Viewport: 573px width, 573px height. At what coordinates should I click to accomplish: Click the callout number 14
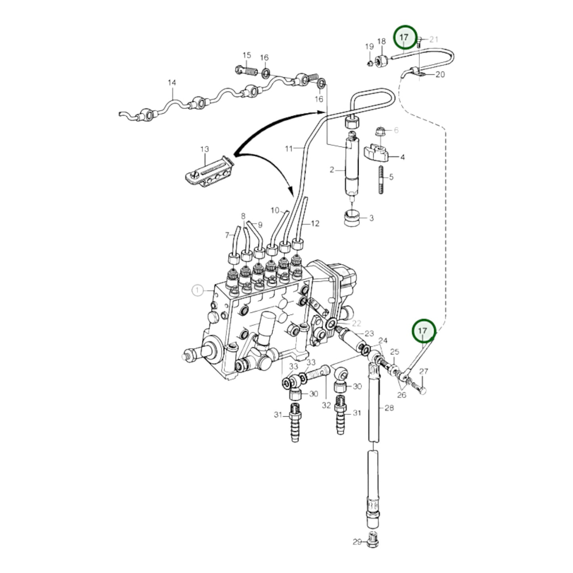click(x=171, y=83)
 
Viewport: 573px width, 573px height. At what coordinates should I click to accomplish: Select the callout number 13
click(x=204, y=149)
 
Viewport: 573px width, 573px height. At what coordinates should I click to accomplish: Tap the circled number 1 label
click(x=197, y=290)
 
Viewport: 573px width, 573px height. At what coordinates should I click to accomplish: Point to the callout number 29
click(x=357, y=542)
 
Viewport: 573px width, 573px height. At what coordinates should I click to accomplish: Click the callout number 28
click(x=389, y=408)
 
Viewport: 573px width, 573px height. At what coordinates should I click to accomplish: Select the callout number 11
click(x=289, y=149)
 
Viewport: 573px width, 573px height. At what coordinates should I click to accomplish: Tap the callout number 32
click(x=326, y=406)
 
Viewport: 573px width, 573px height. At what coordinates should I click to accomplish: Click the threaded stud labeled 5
click(x=381, y=180)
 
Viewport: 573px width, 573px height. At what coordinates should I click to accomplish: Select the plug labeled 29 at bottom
click(x=372, y=541)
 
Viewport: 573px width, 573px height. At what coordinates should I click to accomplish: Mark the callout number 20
click(x=440, y=74)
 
